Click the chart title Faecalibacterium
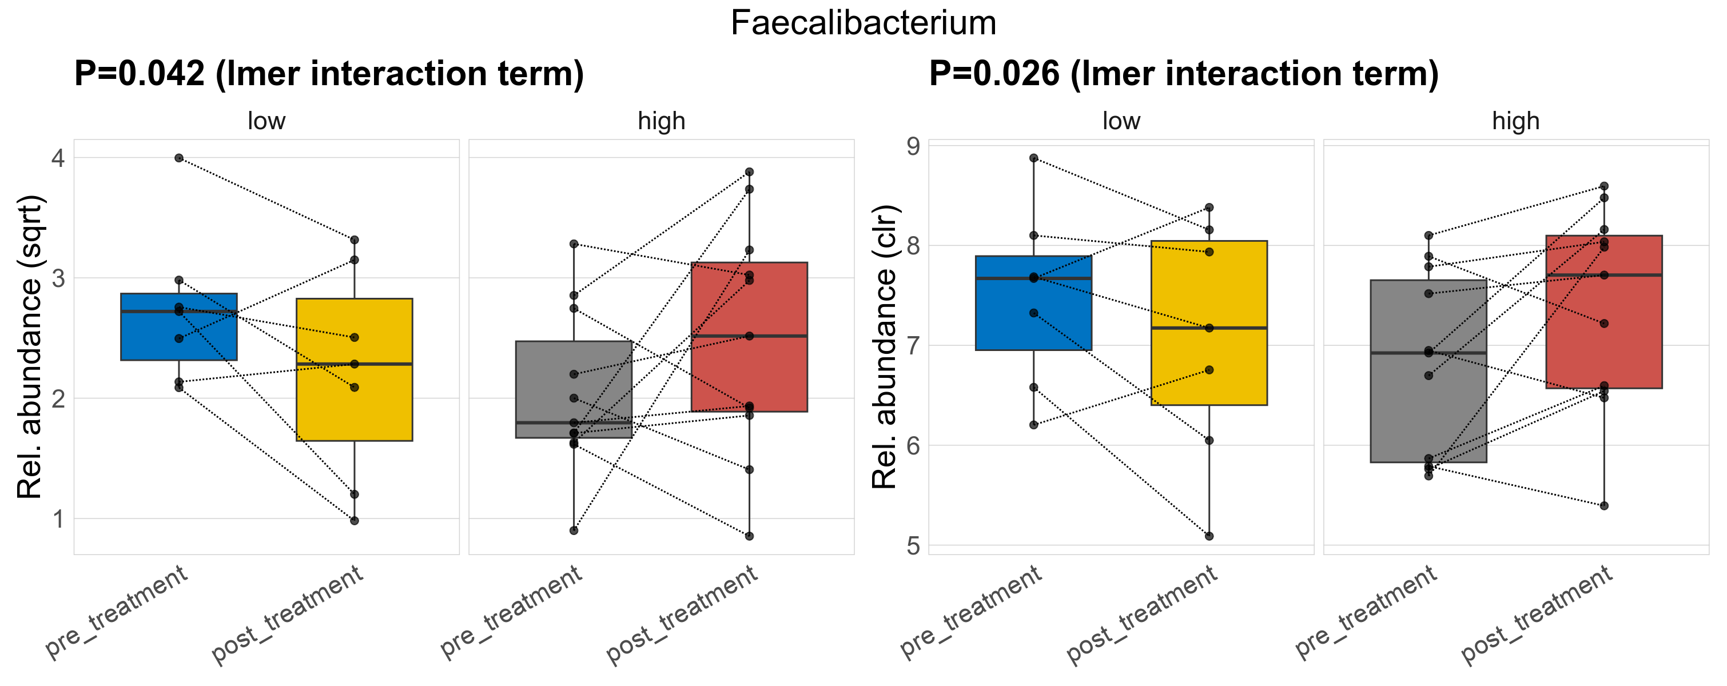tap(863, 23)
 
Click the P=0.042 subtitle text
tap(328, 74)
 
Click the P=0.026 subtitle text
tap(1183, 74)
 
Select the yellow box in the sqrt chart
tap(354, 402)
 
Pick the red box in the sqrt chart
tap(749, 301)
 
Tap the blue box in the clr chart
tap(1034, 315)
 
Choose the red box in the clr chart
tap(1603, 348)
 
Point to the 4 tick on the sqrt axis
tap(59, 158)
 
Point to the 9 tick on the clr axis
tap(913, 146)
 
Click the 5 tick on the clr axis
tap(913, 545)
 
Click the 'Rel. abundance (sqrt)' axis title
tap(30, 347)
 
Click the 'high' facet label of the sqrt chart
tap(661, 121)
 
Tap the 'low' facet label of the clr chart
tap(1121, 121)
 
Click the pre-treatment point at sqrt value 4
tap(179, 158)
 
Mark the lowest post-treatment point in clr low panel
tap(1209, 536)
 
